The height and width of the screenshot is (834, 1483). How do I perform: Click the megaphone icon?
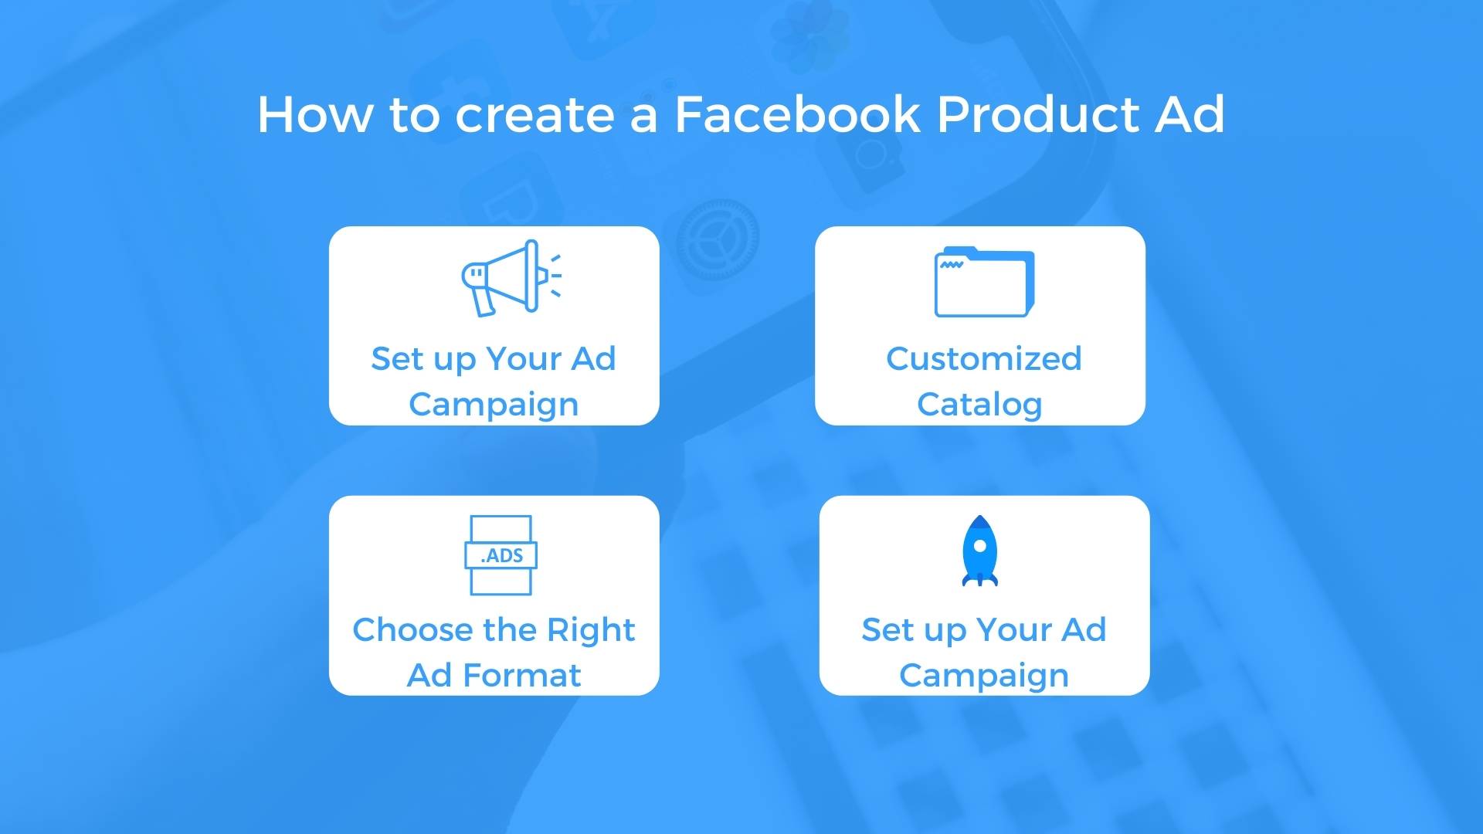pos(510,278)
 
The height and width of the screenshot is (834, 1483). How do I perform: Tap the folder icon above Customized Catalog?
pos(983,282)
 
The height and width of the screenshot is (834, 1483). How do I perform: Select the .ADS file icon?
pos(501,555)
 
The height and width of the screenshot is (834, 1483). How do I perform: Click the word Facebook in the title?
pos(798,114)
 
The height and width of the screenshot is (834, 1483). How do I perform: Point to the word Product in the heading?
pos(1038,114)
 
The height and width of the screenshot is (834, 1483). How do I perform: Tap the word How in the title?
pos(314,114)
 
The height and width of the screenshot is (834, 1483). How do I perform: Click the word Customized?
pos(983,359)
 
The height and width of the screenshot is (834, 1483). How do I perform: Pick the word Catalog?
pos(979,404)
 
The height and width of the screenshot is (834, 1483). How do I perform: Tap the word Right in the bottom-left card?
pos(591,630)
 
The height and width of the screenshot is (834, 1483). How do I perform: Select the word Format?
pos(521,676)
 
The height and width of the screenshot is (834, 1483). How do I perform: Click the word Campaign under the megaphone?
pos(494,405)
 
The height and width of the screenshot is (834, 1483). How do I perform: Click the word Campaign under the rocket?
pos(984,676)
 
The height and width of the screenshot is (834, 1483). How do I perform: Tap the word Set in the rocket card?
pos(887,630)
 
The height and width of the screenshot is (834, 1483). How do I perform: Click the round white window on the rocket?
pos(980,545)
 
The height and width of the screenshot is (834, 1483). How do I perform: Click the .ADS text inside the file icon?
pos(502,555)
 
